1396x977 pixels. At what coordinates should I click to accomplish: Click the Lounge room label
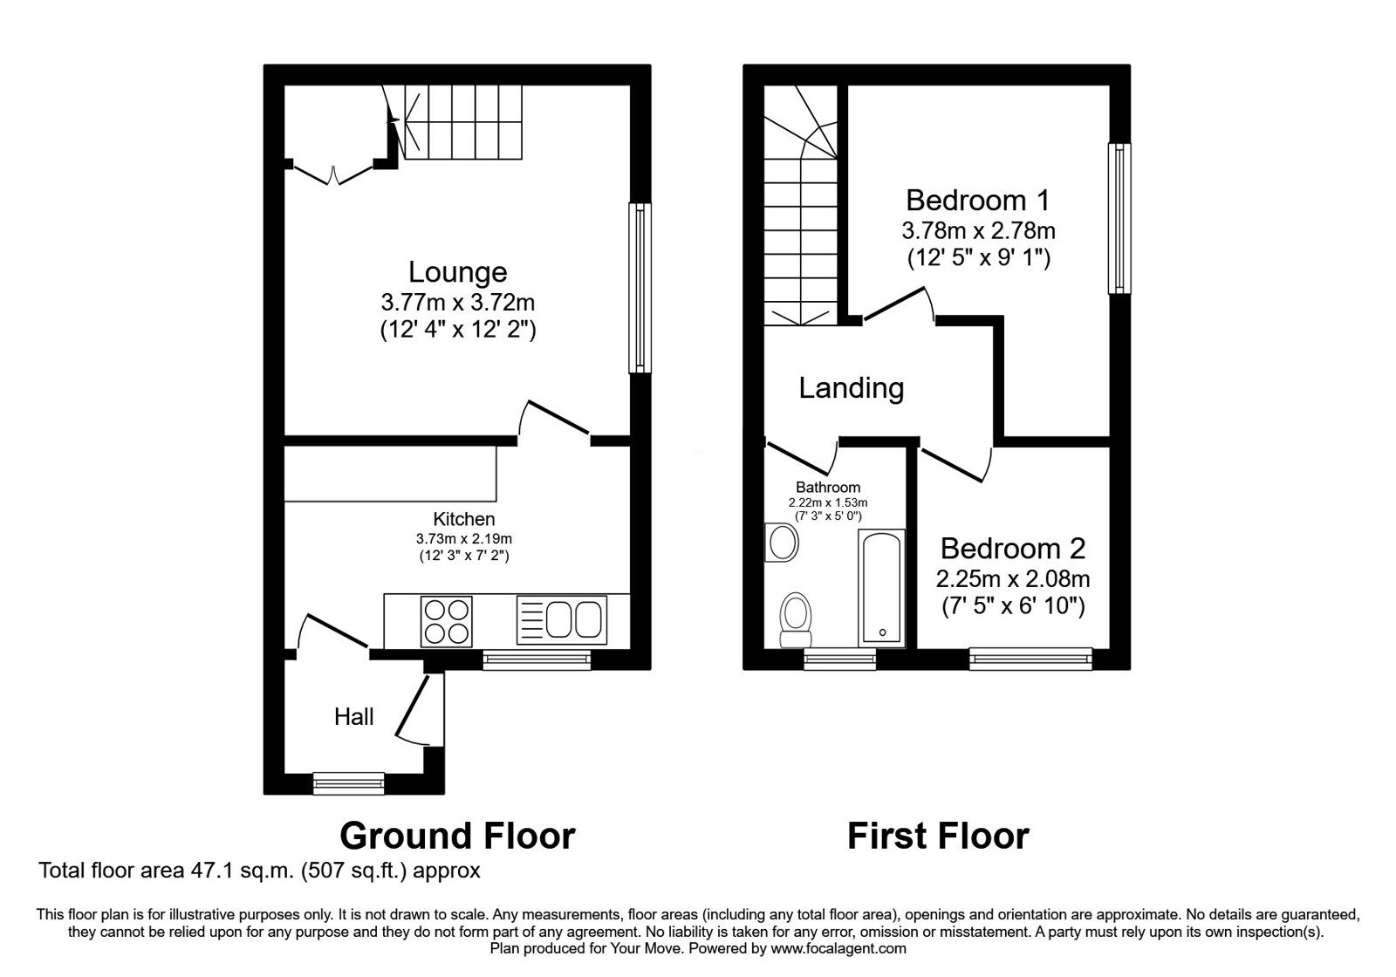457,272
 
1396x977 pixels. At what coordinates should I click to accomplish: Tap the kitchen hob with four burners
446,621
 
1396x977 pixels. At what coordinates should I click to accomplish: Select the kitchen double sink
562,619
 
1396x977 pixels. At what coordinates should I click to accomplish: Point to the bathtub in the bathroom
879,586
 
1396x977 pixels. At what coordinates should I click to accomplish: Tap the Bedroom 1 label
977,201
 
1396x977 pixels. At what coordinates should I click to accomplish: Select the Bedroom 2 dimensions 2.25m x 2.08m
1013,578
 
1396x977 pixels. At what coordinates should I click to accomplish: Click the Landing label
851,387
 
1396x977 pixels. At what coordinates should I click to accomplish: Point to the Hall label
353,717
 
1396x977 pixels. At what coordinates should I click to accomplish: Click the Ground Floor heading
457,836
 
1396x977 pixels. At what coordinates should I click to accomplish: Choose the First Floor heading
938,836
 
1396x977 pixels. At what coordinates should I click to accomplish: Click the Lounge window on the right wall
641,288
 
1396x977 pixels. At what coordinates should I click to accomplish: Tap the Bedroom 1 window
1119,218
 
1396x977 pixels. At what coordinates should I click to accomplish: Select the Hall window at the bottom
349,783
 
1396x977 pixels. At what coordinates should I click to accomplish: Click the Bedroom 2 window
1030,659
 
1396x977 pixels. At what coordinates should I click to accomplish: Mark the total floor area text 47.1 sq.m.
259,871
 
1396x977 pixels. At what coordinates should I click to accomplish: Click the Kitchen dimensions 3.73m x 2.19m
463,539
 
